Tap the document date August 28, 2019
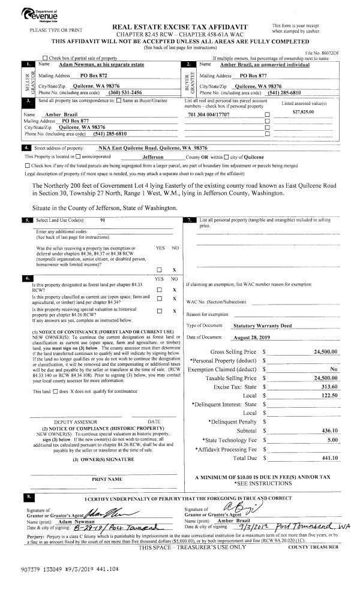pos(251,338)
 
